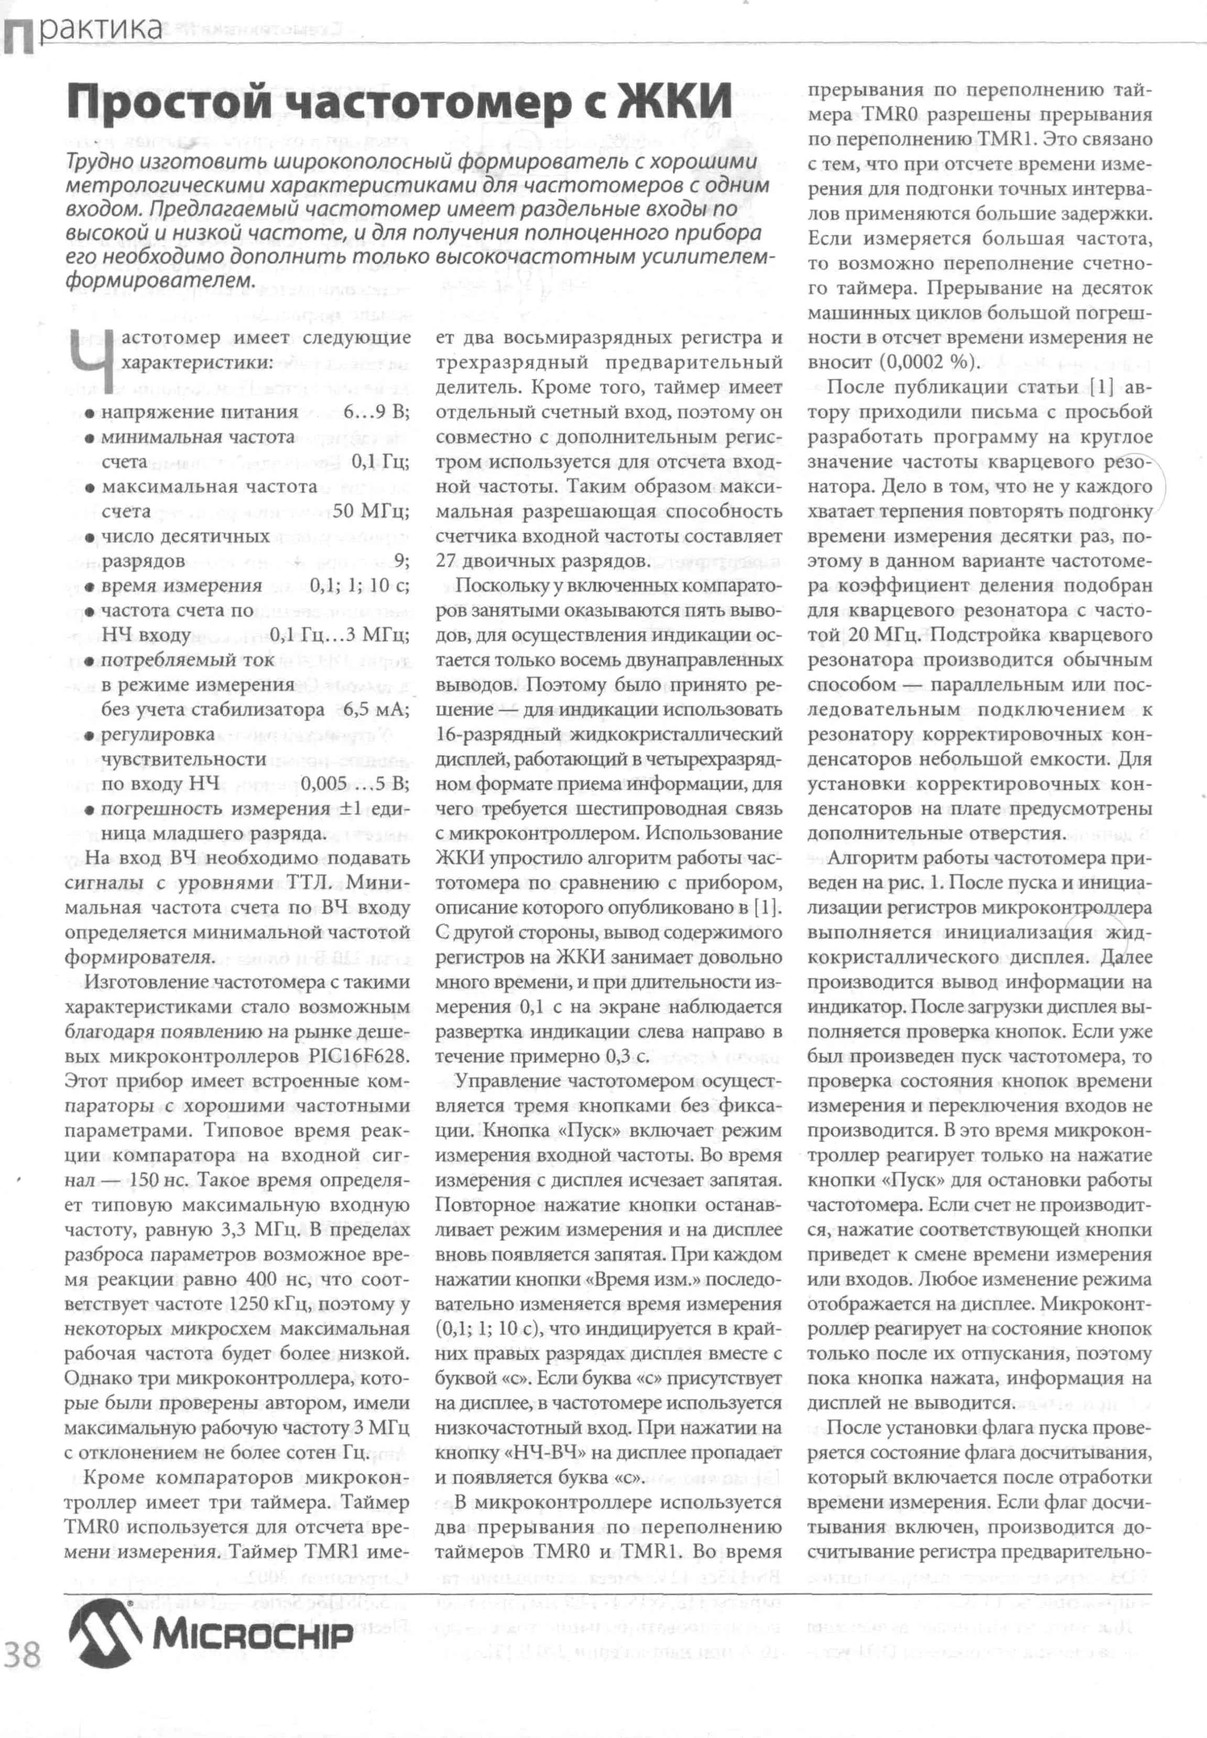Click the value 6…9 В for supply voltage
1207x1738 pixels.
coord(376,412)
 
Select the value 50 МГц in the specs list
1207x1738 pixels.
coord(371,511)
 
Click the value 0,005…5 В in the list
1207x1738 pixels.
coord(355,784)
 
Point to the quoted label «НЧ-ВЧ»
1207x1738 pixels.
coord(535,1453)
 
